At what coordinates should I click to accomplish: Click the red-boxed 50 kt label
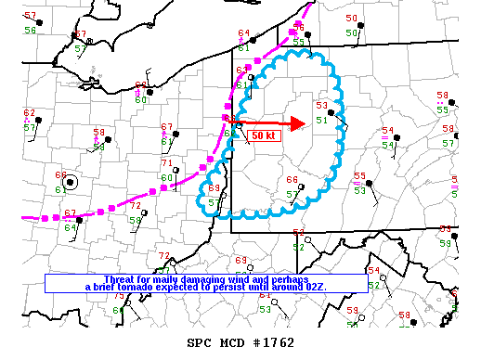pos(264,135)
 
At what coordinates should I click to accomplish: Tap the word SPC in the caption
pos(201,342)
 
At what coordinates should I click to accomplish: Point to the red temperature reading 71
pos(166,164)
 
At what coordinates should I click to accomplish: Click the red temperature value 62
pos(30,113)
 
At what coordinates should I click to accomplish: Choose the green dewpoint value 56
pos(30,31)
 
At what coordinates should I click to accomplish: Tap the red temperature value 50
pos(351,19)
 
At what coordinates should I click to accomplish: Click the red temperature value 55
pos(358,176)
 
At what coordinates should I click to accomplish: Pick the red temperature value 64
pos(243,34)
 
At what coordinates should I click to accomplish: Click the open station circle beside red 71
pos(180,169)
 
